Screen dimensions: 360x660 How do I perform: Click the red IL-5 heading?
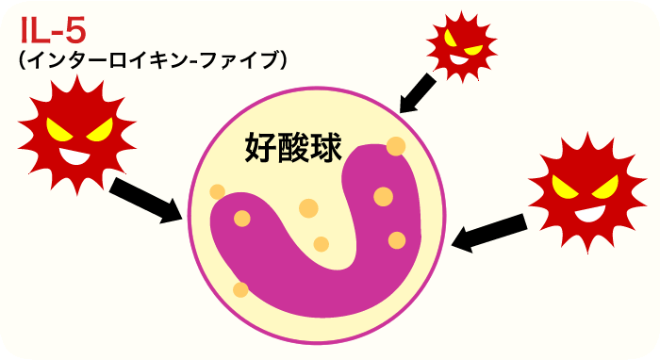[53, 30]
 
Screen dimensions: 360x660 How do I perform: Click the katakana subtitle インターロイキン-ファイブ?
[151, 60]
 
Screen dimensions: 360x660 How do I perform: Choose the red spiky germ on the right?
[577, 194]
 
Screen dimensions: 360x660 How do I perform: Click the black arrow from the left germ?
[146, 199]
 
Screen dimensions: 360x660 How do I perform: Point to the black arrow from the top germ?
[416, 94]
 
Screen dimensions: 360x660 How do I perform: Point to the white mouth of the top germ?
[461, 59]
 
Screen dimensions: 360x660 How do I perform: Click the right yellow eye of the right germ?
[597, 186]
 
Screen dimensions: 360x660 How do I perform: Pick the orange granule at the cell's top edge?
[396, 147]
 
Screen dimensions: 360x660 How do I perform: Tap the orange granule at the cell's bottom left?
[241, 289]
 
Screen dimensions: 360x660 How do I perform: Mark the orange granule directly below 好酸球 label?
[308, 208]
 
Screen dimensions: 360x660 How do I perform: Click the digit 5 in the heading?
[74, 30]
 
